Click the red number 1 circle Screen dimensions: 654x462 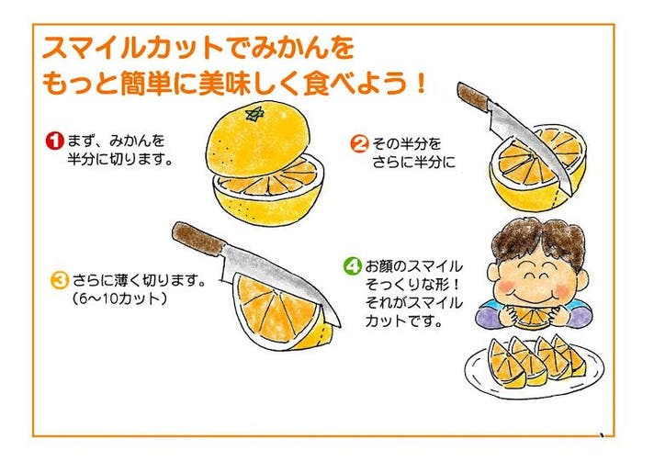(x=54, y=141)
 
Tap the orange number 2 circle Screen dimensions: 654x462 (x=359, y=144)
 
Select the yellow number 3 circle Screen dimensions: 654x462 (x=59, y=280)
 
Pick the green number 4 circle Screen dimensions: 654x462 (x=352, y=266)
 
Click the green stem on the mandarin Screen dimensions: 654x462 (x=254, y=114)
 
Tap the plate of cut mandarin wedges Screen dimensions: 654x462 (x=534, y=366)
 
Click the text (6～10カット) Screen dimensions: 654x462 (x=119, y=299)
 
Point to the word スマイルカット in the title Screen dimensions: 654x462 (x=132, y=48)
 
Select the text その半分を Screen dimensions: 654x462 (x=407, y=144)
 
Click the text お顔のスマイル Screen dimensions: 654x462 (x=414, y=266)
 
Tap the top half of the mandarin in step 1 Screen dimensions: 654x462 (x=258, y=137)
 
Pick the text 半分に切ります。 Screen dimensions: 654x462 (x=120, y=159)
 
